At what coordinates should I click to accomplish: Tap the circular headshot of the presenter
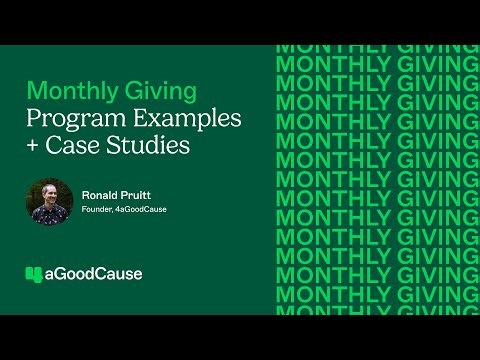click(x=49, y=201)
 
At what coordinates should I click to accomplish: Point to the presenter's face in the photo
click(x=49, y=193)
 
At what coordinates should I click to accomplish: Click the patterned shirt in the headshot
click(x=49, y=215)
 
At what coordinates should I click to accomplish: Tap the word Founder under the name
click(x=98, y=210)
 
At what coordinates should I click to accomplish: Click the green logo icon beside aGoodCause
click(x=34, y=273)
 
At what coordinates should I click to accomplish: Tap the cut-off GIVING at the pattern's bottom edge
click(x=421, y=311)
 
